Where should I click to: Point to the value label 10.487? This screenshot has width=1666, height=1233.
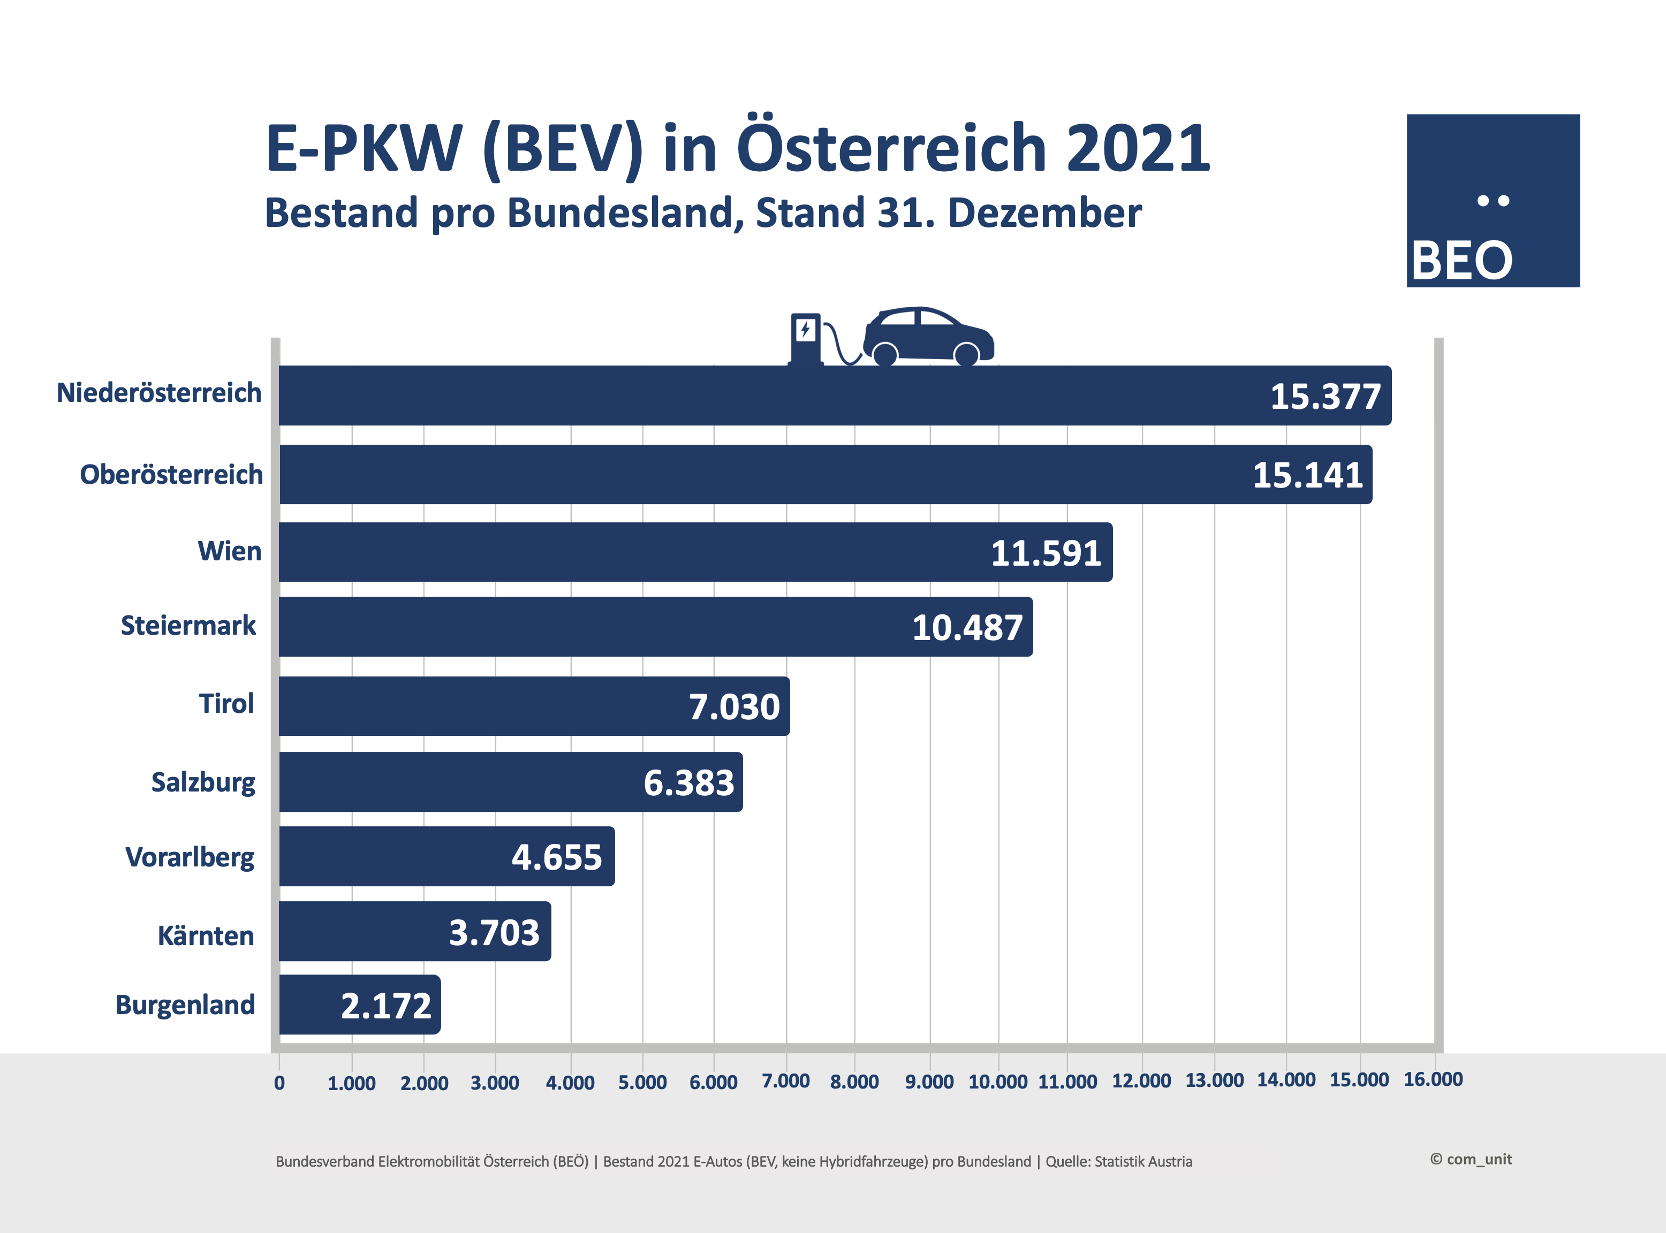click(x=967, y=628)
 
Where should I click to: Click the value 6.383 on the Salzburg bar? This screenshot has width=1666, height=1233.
click(x=689, y=783)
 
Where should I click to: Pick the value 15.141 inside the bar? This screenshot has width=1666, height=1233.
click(x=1308, y=475)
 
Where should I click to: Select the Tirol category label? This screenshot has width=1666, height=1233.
click(x=226, y=704)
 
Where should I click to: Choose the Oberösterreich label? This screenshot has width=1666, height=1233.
click(x=172, y=475)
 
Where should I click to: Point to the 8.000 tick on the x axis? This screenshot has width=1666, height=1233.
click(x=854, y=1082)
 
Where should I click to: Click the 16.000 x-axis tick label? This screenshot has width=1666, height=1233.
click(x=1433, y=1079)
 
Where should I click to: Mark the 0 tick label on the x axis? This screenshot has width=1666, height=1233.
click(x=279, y=1083)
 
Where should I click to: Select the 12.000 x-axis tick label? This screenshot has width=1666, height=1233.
click(x=1141, y=1080)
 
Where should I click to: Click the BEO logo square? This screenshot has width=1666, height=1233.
click(x=1493, y=200)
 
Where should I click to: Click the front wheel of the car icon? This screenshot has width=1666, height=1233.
click(x=967, y=354)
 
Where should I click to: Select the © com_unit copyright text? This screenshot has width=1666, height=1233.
click(x=1471, y=1159)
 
